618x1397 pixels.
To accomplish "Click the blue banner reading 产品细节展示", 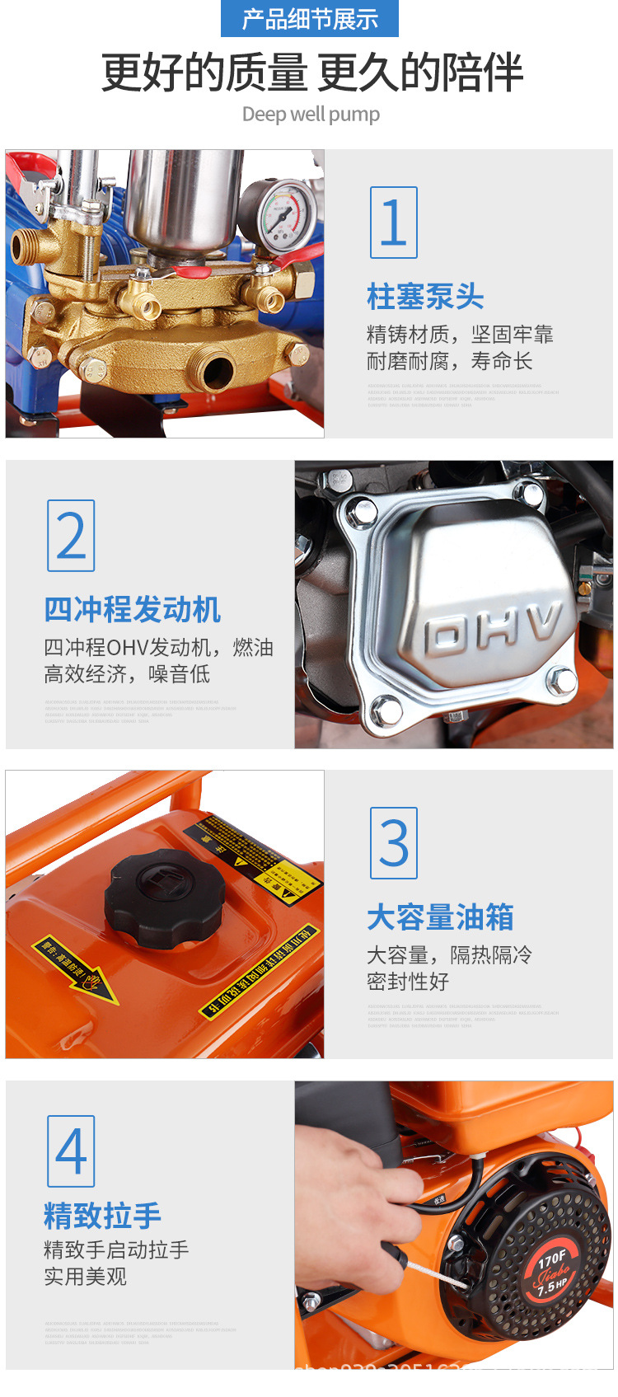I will [310, 19].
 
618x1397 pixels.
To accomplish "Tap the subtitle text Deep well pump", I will [311, 115].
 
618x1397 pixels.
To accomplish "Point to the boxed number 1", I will [393, 223].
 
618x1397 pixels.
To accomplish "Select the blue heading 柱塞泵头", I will [425, 297].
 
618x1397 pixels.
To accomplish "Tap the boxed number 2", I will [71, 536].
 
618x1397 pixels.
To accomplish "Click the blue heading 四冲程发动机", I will [132, 610].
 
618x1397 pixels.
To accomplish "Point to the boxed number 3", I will [393, 843].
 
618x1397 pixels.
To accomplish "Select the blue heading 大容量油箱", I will [440, 917].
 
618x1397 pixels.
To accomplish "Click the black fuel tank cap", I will [165, 894].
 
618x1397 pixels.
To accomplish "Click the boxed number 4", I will [71, 1151].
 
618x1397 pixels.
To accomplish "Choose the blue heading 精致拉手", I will [102, 1216].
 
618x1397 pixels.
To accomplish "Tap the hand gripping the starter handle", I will [363, 1187].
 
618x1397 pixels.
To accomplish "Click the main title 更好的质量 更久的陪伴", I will [311, 73].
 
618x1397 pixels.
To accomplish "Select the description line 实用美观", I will [85, 1277].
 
